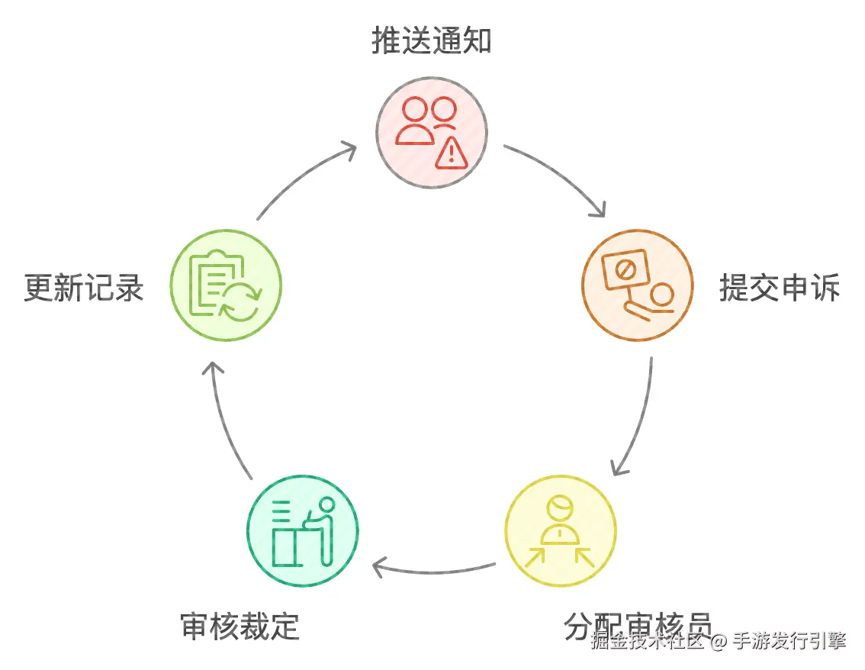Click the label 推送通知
[x=432, y=41]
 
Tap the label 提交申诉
[x=780, y=288]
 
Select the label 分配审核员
[x=638, y=626]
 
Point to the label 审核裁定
[x=240, y=626]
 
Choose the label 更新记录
[x=84, y=288]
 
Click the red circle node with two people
[x=432, y=131]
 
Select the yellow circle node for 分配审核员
[x=561, y=531]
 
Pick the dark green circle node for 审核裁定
[x=303, y=531]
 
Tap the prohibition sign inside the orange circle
[x=624, y=269]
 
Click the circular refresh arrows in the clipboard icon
[x=241, y=301]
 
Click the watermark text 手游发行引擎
[x=789, y=640]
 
